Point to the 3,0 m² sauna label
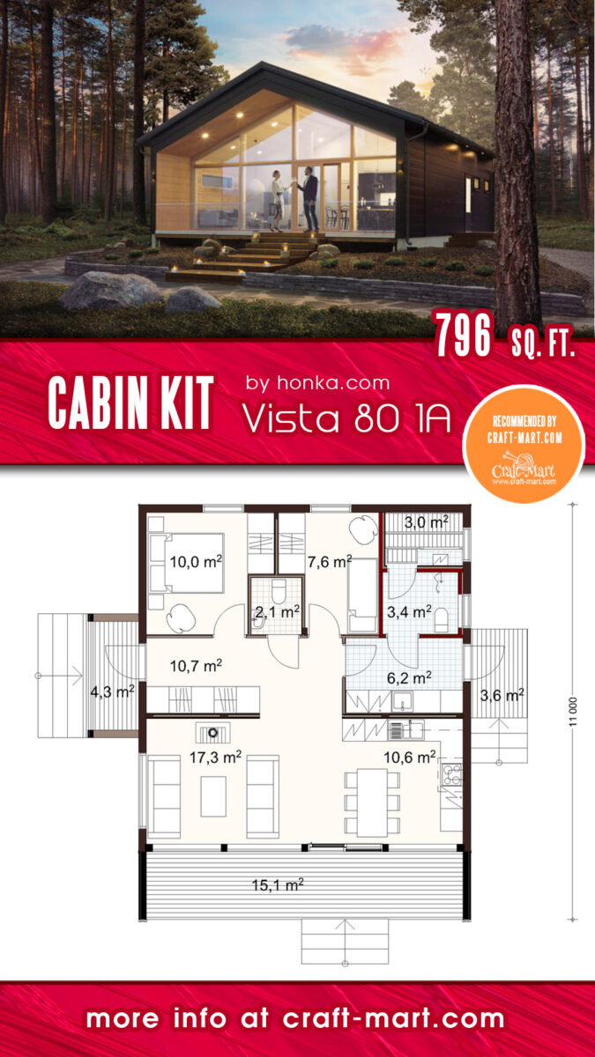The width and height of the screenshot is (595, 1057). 424,523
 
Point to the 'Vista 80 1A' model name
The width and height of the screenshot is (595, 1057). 346,420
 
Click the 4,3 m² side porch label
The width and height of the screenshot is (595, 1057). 112,692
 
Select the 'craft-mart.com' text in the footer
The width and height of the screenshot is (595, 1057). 394,1019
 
